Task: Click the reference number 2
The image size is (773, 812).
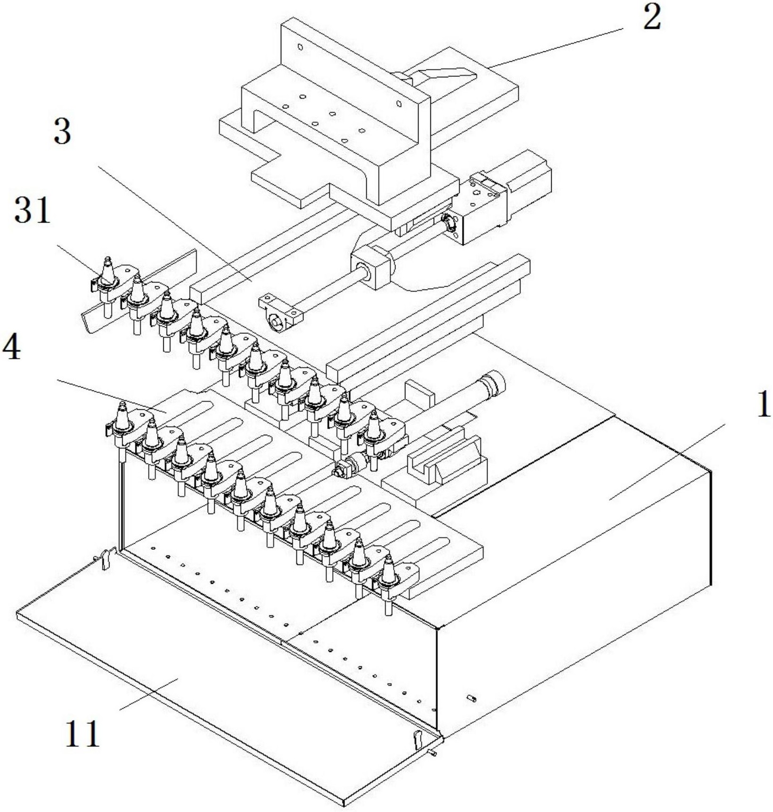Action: coord(652,19)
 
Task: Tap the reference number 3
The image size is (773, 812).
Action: coord(62,132)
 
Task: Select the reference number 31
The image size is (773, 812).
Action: coord(32,210)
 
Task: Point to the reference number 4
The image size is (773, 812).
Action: coord(11,348)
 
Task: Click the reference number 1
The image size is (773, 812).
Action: coord(764,404)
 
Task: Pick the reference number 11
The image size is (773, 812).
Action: coord(82,733)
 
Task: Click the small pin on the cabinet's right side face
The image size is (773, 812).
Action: coord(471,698)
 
